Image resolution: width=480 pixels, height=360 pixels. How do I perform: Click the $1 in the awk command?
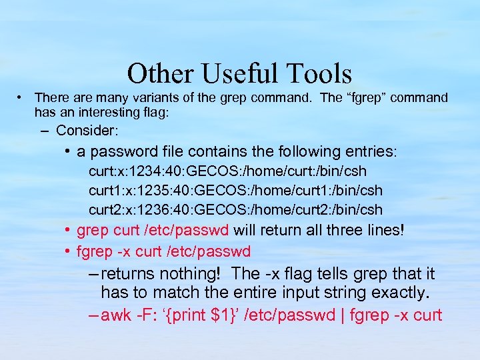click(220, 315)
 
